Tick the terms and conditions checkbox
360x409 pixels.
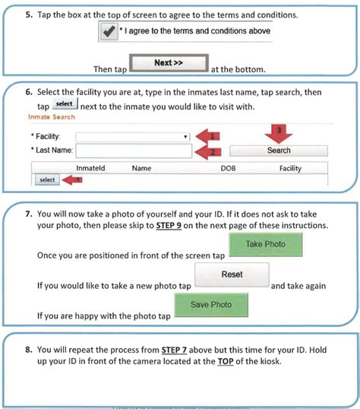(109, 32)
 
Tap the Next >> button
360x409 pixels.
(169, 63)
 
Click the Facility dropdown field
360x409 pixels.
(133, 137)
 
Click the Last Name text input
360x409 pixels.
(134, 151)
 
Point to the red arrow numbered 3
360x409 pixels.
(279, 134)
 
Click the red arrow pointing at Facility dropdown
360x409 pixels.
(208, 136)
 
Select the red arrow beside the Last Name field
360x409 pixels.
(208, 152)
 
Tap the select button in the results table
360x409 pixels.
(47, 179)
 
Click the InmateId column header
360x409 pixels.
(90, 168)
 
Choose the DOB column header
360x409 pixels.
(228, 169)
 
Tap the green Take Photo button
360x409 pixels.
(266, 244)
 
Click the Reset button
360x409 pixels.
(232, 274)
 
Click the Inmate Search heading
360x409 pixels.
(52, 117)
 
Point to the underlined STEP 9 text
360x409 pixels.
(169, 225)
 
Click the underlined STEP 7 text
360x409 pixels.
(174, 350)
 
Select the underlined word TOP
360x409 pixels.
(226, 362)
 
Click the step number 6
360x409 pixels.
(29, 92)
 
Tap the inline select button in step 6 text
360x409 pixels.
(65, 103)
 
